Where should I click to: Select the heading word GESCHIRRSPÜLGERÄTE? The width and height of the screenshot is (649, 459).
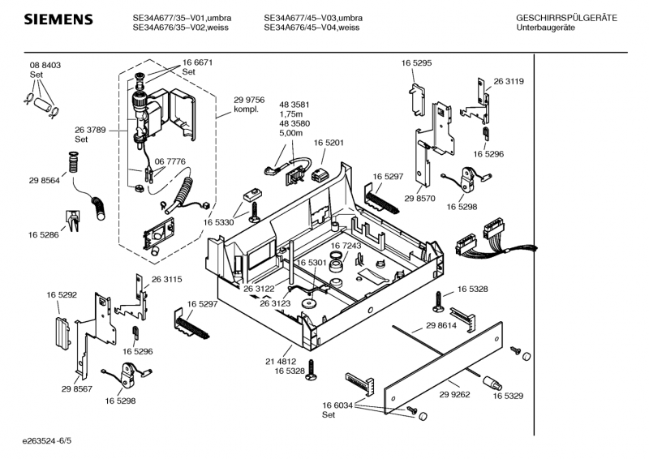click(566, 18)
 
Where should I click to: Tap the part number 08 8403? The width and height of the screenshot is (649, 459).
click(45, 66)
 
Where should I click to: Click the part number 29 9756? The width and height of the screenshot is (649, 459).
click(249, 101)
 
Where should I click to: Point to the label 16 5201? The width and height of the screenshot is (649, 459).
click(329, 143)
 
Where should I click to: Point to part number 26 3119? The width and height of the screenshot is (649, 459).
click(509, 81)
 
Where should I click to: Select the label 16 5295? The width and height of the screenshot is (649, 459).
click(416, 62)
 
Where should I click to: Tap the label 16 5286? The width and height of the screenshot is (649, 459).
click(44, 234)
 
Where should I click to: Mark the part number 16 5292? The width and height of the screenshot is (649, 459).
click(62, 295)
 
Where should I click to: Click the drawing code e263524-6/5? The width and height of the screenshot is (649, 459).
click(49, 442)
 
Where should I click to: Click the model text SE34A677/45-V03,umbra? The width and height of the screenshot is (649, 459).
click(313, 18)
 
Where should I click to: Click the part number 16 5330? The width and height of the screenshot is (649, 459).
click(219, 222)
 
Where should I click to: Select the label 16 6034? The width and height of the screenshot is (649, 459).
click(338, 405)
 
